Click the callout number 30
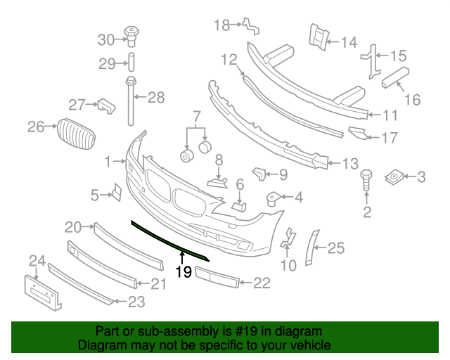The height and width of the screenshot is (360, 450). coord(105,39)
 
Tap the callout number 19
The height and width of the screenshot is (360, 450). coord(183,271)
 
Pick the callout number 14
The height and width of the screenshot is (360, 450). coord(349,41)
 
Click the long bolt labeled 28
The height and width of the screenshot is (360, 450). coord(131,102)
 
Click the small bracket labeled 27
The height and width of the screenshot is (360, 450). coord(105,105)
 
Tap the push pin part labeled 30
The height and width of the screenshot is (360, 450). coord(131,33)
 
